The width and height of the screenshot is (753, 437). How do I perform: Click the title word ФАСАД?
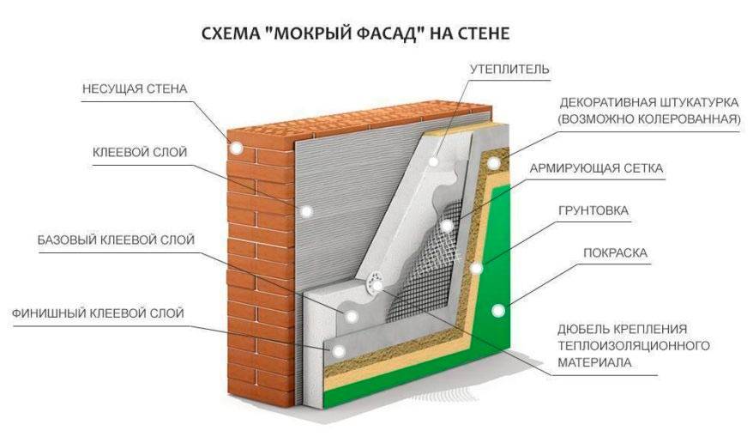point(395,34)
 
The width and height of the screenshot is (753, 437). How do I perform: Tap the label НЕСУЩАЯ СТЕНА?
point(134,89)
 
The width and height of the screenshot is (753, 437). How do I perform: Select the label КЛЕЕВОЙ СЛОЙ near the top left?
point(140,152)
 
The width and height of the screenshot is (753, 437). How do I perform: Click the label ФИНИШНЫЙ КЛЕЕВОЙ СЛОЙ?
point(98,312)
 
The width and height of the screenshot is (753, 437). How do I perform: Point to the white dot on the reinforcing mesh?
point(448,225)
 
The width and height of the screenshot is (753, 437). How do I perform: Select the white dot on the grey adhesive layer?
point(307,209)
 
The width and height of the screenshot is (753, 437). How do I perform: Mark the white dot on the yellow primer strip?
point(477,269)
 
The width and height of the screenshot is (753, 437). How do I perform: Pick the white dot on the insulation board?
point(436,161)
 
